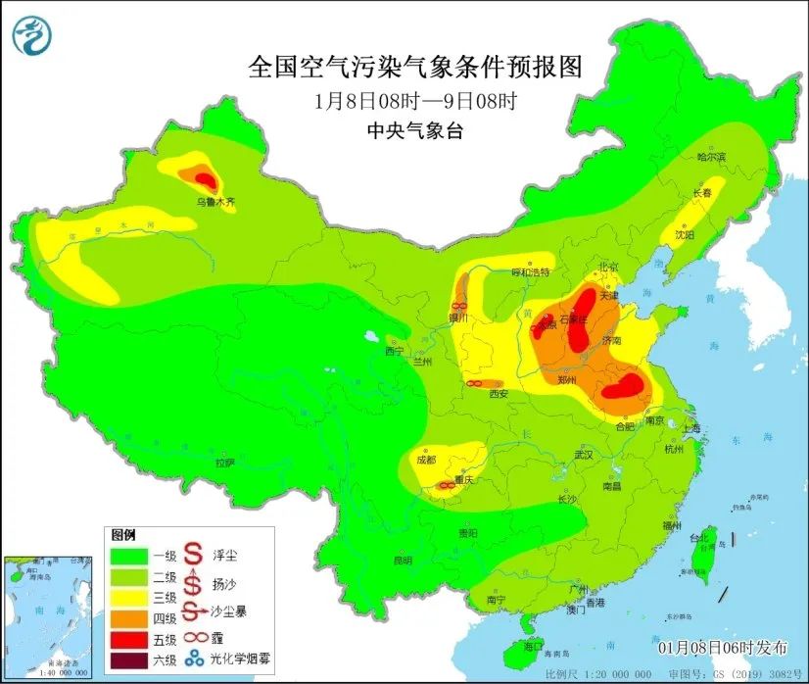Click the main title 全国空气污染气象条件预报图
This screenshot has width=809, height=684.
tap(415, 68)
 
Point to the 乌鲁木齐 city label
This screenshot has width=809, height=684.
tap(214, 202)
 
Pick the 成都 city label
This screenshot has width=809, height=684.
tap(425, 459)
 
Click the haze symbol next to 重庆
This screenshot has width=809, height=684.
tap(445, 485)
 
